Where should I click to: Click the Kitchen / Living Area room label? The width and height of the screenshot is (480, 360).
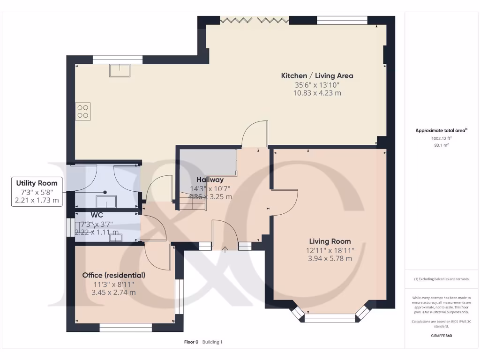point(317,75)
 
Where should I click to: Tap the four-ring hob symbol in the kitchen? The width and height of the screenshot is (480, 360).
point(82,111)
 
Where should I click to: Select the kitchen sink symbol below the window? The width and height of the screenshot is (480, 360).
point(120,70)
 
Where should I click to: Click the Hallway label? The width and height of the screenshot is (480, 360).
point(210,180)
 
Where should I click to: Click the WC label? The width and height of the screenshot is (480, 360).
point(97,215)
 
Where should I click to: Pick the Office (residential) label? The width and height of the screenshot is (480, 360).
point(113,275)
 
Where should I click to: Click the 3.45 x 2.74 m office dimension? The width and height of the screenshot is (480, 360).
point(113,292)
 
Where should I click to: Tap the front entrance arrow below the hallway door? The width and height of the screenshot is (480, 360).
point(225,249)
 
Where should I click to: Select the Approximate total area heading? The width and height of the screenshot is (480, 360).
point(441,131)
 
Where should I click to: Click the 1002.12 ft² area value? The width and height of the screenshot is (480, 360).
point(441,138)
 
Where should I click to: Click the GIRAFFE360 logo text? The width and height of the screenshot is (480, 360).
point(441,336)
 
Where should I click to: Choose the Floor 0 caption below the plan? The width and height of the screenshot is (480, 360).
point(192,342)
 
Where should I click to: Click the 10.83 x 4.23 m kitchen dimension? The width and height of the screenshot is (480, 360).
point(317,93)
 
